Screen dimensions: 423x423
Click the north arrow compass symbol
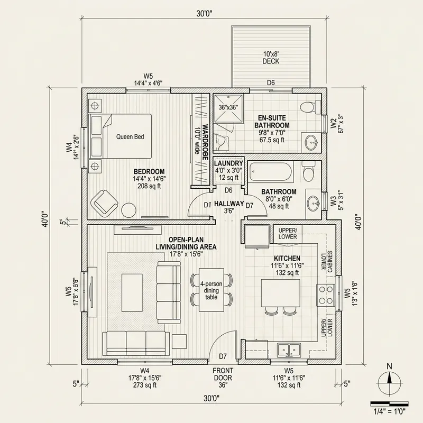(x=390, y=379)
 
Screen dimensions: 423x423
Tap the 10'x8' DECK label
(x=271, y=57)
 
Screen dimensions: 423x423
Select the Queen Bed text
(x=130, y=136)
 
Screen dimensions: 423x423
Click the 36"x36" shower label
(x=228, y=107)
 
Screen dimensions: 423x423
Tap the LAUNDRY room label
(x=228, y=163)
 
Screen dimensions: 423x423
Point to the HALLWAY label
(x=229, y=204)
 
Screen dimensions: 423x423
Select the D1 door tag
(x=207, y=204)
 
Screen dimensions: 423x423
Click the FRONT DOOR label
(x=223, y=374)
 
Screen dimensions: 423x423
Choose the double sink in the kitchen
(x=289, y=350)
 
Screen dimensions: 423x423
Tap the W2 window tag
(x=333, y=125)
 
